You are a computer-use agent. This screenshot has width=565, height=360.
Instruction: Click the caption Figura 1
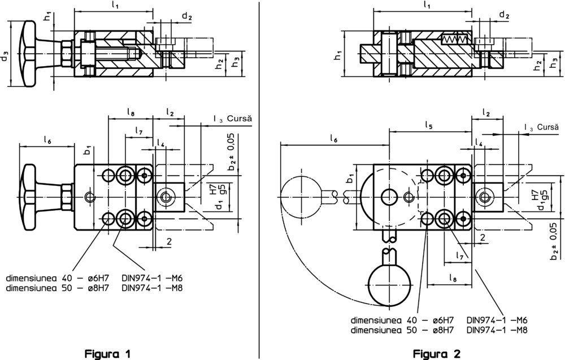[x=107, y=354]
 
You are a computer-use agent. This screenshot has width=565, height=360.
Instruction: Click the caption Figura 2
[x=436, y=354]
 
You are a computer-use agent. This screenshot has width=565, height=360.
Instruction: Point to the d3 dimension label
[x=5, y=57]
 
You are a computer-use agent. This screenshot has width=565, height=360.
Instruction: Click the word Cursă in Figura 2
[x=548, y=127]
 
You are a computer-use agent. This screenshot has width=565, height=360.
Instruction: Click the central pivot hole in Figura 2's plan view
[x=389, y=196]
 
